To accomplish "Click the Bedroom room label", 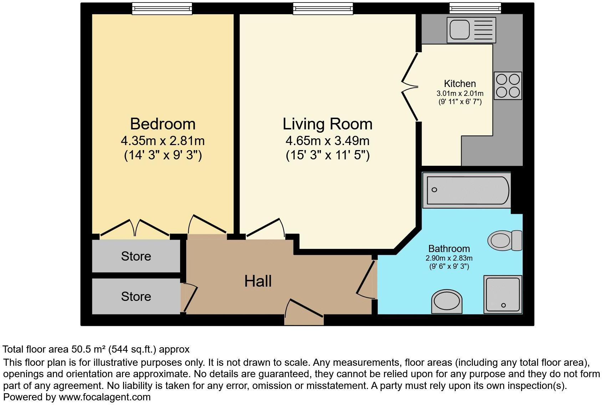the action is click(x=163, y=124).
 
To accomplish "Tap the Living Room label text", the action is click(x=327, y=124).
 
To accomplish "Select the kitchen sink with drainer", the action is click(x=471, y=30).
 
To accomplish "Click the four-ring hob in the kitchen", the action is click(x=507, y=86).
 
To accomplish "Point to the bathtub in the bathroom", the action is click(x=466, y=190).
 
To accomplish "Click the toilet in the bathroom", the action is click(x=505, y=240).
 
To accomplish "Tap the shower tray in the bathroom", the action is click(x=503, y=294).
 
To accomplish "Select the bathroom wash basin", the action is click(x=447, y=302).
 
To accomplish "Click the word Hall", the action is click(x=258, y=281).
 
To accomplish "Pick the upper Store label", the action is click(x=136, y=256).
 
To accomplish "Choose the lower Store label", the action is click(x=136, y=296).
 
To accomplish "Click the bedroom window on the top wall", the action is click(x=162, y=9).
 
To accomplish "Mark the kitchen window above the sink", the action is click(x=475, y=8).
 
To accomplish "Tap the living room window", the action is click(x=323, y=9).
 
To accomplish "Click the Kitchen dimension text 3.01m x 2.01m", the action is click(x=460, y=93).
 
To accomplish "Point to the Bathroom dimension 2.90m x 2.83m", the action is click(x=449, y=258).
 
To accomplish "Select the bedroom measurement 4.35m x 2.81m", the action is click(x=163, y=141).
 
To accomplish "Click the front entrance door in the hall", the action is click(x=304, y=313).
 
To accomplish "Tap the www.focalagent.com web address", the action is click(x=104, y=397).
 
